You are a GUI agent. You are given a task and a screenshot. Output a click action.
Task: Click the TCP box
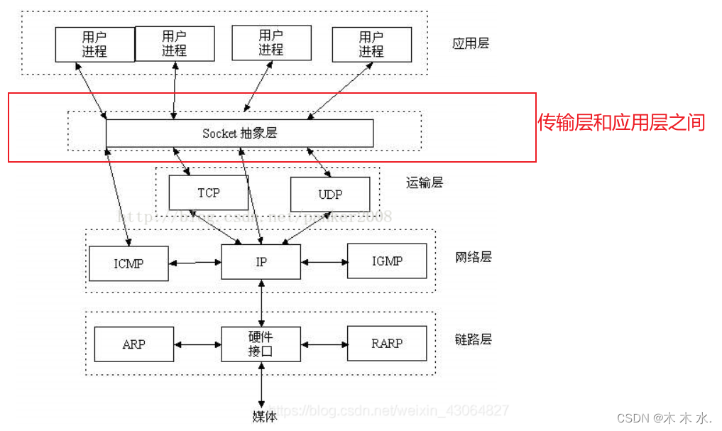208,192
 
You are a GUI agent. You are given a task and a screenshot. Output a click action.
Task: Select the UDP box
330,194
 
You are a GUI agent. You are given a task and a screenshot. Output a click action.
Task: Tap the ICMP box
128,263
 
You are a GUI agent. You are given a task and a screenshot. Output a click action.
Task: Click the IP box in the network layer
261,262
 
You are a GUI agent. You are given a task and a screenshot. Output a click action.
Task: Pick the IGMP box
387,261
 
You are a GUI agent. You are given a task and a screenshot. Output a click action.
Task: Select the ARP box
133,344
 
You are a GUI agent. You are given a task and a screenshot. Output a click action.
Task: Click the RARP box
387,344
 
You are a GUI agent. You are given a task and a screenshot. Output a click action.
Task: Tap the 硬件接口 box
261,344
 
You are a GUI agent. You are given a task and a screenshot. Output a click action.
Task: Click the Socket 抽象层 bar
239,133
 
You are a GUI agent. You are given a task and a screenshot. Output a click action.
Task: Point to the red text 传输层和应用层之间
621,122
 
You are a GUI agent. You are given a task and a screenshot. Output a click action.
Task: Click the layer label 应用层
470,43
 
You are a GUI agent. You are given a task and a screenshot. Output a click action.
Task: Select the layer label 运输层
424,182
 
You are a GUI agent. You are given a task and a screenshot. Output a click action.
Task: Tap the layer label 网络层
473,256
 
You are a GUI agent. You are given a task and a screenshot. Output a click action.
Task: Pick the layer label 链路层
473,339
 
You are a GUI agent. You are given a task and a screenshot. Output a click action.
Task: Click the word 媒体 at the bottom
264,416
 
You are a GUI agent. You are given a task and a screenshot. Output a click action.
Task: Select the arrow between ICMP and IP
195,263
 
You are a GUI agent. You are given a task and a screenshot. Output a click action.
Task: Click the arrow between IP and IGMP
324,262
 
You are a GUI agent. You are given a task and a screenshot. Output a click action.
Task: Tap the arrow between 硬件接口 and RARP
324,344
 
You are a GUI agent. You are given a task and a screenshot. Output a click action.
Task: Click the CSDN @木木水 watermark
664,418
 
